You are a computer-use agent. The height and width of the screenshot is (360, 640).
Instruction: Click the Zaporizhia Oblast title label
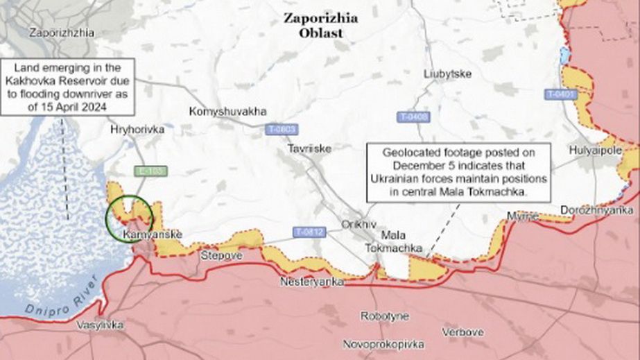point(320,25)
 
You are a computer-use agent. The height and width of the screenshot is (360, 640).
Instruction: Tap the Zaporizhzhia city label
point(62,32)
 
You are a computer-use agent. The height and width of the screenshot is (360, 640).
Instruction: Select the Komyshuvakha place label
point(227,111)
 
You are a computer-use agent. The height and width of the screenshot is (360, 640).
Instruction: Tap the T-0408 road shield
point(413,117)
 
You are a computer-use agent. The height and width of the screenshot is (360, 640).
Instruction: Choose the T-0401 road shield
point(560,93)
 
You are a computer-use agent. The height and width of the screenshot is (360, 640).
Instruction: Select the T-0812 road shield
point(308,232)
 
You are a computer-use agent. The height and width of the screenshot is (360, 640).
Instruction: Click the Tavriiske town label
point(310,148)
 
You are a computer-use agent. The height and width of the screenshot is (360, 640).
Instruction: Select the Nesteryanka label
point(311,282)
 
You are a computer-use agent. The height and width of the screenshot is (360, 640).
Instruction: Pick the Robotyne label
point(384,316)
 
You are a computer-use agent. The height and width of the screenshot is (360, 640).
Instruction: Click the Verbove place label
point(462,332)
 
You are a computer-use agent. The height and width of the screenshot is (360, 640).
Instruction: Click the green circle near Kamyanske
point(129,218)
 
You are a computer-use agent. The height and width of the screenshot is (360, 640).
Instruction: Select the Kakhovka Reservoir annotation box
point(67,88)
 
